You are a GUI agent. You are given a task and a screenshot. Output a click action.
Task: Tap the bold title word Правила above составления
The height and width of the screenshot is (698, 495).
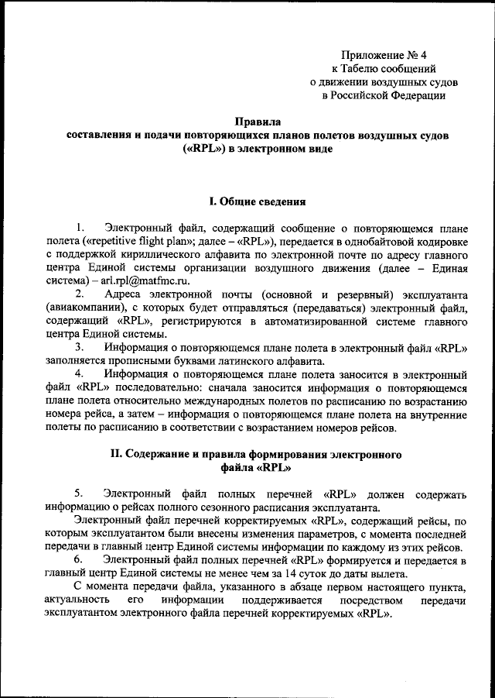click(258, 121)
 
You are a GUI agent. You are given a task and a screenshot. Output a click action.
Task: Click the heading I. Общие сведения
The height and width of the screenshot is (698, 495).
click(258, 201)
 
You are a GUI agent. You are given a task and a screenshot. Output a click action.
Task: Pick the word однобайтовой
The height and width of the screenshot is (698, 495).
click(376, 240)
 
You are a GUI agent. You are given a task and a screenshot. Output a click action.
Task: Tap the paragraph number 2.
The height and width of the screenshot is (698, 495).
click(80, 294)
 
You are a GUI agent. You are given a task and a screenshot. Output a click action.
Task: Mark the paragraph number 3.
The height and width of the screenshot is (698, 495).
click(80, 348)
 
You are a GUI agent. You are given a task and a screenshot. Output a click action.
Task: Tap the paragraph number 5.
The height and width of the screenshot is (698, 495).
click(79, 493)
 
